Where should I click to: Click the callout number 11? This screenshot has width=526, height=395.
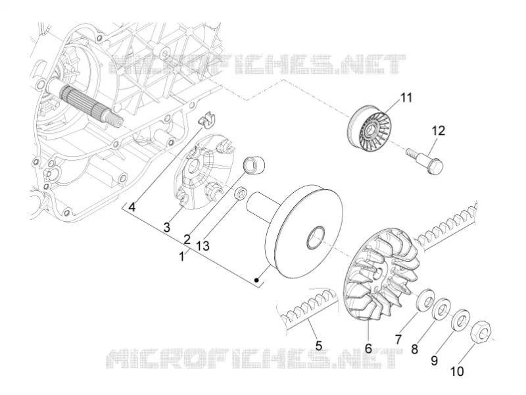tap(406, 97)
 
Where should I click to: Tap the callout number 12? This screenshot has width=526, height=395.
tap(438, 130)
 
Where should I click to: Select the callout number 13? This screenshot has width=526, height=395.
tap(203, 246)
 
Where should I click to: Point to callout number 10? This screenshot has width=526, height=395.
tap(456, 371)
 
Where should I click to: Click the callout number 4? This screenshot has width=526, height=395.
tap(132, 207)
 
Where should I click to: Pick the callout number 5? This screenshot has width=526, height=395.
tap(318, 345)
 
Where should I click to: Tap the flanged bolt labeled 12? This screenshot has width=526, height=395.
tap(425, 161)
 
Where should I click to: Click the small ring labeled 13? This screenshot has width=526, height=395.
tap(241, 194)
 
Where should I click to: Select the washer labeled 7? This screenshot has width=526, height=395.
tap(425, 300)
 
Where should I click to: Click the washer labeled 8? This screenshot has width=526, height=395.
tap(441, 308)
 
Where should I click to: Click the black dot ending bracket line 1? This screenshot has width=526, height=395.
tap(256, 280)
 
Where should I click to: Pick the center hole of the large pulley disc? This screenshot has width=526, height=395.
tap(316, 238)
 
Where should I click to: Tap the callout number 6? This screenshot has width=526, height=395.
tap(368, 348)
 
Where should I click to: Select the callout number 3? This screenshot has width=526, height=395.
tap(166, 227)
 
